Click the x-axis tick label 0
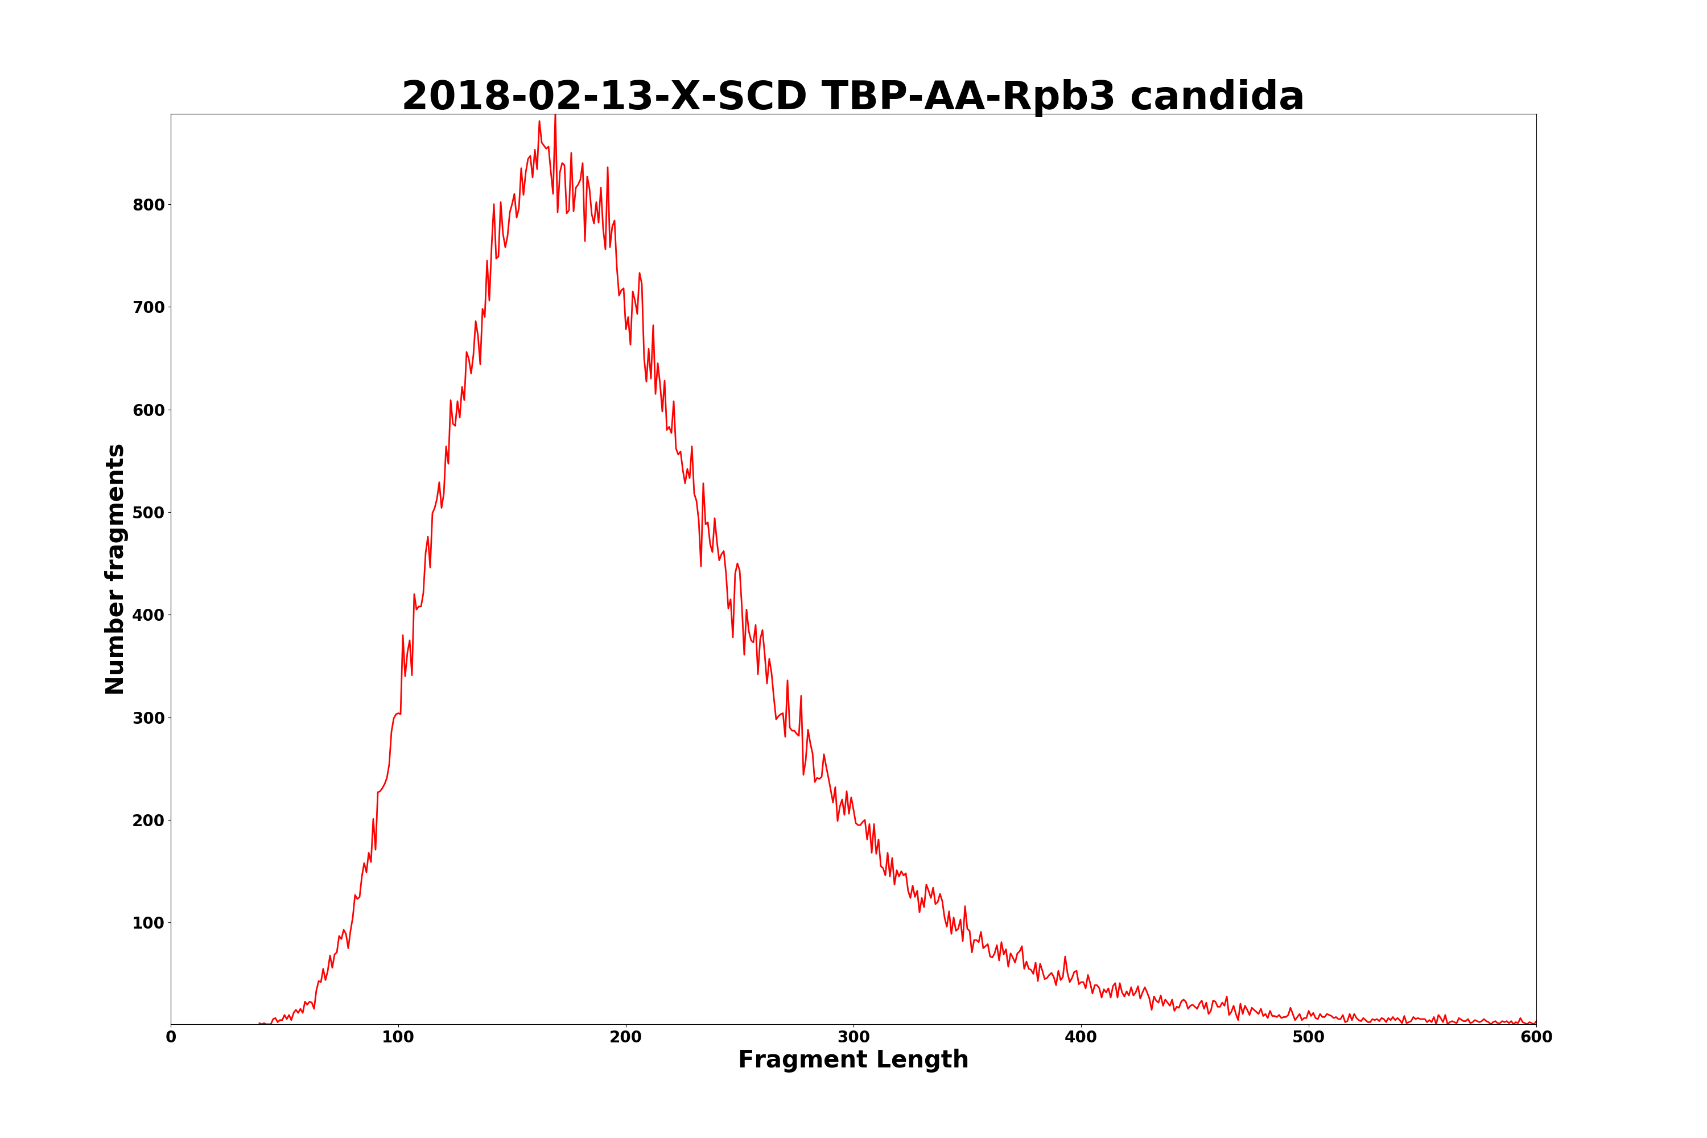point(171,1038)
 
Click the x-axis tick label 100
point(398,1038)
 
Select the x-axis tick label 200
point(625,1038)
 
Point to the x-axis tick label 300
point(853,1038)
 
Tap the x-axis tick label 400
point(1081,1038)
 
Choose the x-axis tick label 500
point(1309,1038)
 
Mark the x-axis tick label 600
point(1536,1038)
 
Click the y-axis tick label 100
point(148,923)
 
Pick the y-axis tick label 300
point(148,718)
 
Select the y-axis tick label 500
point(148,513)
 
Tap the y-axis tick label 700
point(148,307)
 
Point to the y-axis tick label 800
point(148,205)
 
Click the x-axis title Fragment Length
point(853,1059)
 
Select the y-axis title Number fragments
point(116,569)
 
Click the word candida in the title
point(1217,97)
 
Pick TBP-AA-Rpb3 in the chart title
point(968,97)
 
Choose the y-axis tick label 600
point(148,410)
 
